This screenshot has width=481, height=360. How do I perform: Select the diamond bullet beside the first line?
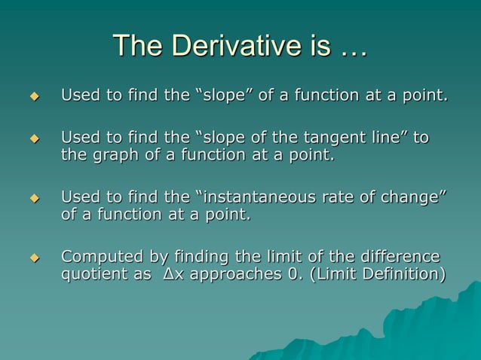click(x=33, y=97)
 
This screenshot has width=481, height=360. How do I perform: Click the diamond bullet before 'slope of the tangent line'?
click(x=33, y=139)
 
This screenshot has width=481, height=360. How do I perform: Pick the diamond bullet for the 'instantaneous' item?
click(x=33, y=199)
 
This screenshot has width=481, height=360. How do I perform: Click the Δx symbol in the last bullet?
click(x=172, y=275)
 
